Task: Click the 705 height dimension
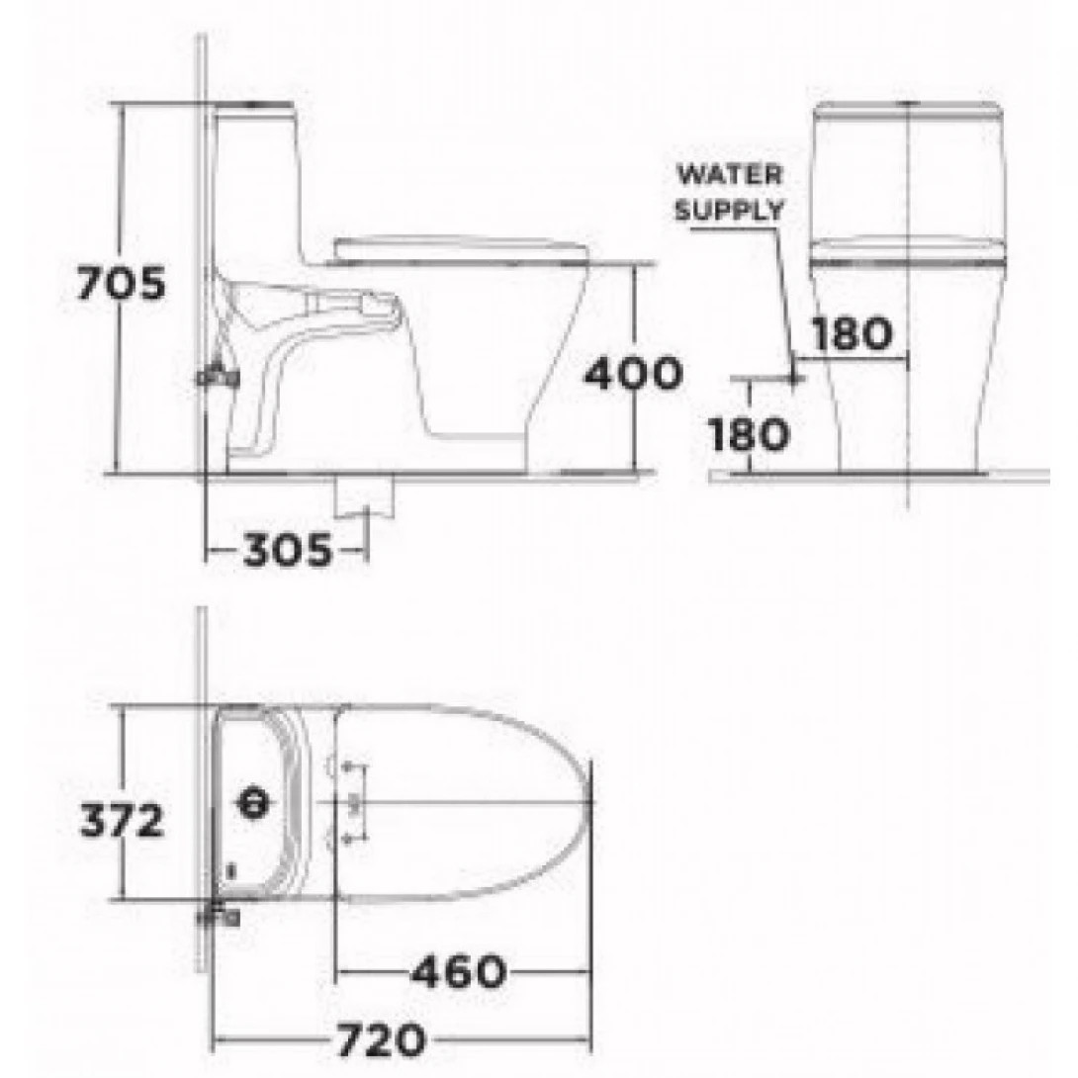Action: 122,285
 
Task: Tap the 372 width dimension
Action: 122,820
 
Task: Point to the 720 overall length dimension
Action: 382,1039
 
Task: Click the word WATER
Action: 729,175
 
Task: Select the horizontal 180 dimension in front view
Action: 852,334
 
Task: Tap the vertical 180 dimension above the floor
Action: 750,433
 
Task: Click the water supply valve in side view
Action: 218,375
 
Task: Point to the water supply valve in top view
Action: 220,917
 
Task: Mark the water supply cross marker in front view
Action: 794,377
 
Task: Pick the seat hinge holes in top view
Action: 348,803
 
